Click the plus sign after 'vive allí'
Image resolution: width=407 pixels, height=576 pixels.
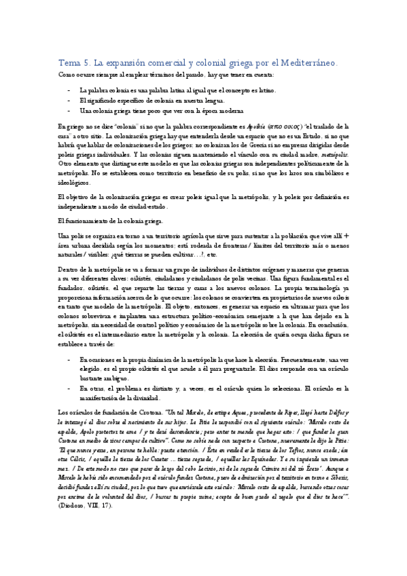(x=347, y=235)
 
